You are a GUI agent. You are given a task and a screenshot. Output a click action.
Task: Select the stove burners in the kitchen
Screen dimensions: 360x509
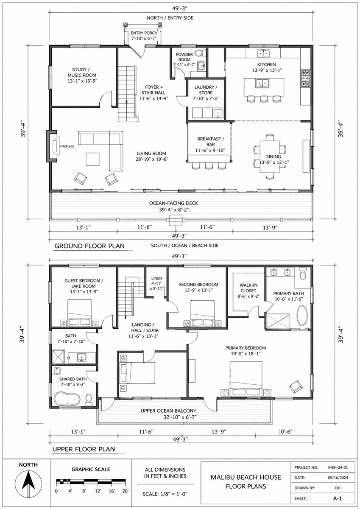tap(305, 78)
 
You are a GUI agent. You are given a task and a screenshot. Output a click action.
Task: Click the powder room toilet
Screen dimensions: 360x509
tap(199, 53)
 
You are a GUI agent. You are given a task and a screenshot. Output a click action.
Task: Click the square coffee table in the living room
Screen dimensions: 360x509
tap(92, 159)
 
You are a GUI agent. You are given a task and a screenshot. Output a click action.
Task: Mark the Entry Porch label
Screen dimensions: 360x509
tap(144, 36)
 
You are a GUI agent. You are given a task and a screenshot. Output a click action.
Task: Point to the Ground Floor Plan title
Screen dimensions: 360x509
tap(89, 246)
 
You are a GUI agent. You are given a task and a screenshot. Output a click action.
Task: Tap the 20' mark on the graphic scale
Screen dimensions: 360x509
tap(125, 491)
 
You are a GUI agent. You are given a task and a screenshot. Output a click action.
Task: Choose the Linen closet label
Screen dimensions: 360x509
tap(156, 283)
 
